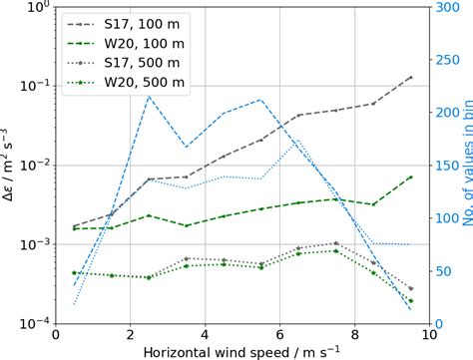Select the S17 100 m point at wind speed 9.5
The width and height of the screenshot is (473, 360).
pyautogui.click(x=410, y=77)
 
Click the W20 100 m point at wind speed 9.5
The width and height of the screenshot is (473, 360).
pyautogui.click(x=410, y=177)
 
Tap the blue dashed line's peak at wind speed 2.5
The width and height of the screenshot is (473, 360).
pyautogui.click(x=149, y=97)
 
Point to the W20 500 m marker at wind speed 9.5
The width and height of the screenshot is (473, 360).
pyautogui.click(x=410, y=300)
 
